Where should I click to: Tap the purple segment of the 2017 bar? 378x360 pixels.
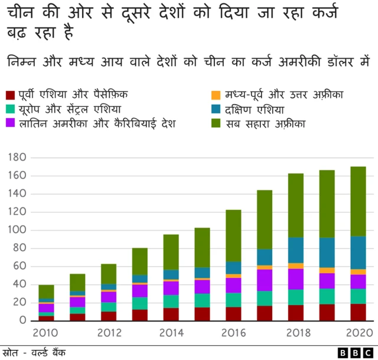[x=265, y=280]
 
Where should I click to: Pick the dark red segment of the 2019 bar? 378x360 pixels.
[x=327, y=312]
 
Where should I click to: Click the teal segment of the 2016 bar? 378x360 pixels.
[x=233, y=300]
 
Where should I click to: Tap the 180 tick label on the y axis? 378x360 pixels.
[x=18, y=157]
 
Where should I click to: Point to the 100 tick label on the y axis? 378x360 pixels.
[x=18, y=230]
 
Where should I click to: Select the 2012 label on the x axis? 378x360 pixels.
[x=109, y=333]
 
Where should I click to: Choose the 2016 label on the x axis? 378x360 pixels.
[x=233, y=333]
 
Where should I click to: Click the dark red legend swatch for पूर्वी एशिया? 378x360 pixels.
[x=10, y=95]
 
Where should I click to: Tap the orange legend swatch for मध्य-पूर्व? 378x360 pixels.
[x=216, y=95]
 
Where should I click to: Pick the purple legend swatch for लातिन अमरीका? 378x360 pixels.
[x=10, y=124]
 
